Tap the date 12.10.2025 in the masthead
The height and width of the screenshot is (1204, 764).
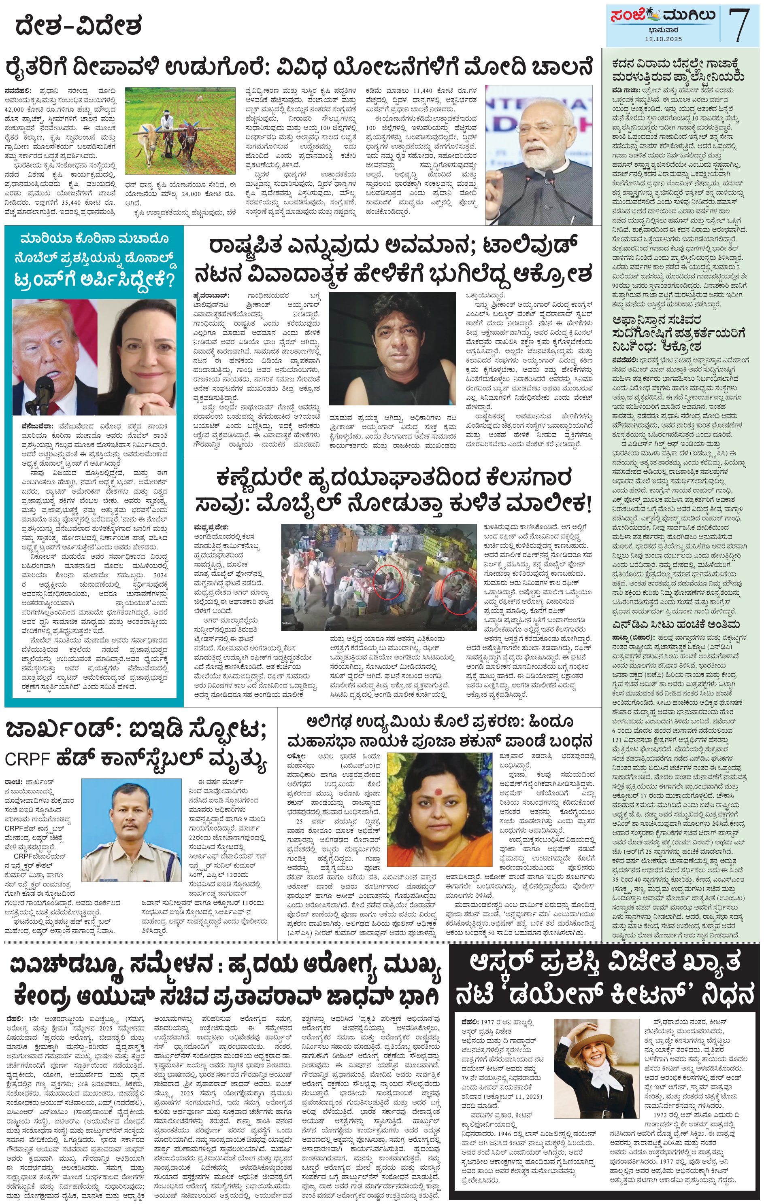[x=662, y=39]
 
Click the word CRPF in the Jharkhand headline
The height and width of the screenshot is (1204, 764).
[x=27, y=759]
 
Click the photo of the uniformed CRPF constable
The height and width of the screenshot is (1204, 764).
[x=131, y=830]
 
